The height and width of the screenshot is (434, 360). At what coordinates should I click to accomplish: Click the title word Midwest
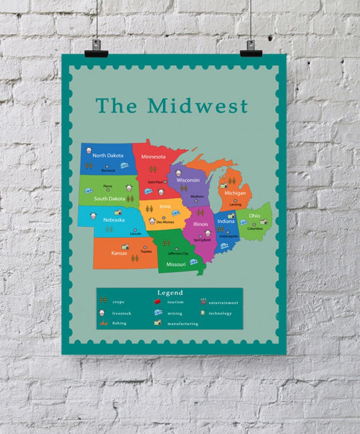[198, 106]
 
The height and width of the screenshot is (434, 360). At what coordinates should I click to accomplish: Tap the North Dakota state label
[108, 155]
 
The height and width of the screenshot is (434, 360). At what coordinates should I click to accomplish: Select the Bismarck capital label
[108, 171]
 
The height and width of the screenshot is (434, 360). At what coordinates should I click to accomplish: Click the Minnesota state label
[153, 157]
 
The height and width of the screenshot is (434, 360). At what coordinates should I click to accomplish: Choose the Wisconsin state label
[188, 180]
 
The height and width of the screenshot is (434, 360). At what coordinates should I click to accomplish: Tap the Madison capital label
[197, 196]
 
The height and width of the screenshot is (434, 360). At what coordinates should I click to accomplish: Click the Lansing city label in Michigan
[235, 205]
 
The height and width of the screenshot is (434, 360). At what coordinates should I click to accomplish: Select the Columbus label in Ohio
[255, 229]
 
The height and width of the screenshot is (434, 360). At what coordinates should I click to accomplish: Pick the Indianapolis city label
[229, 236]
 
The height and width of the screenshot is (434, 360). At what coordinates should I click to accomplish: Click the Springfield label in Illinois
[202, 239]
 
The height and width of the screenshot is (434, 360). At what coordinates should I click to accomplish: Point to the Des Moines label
[165, 222]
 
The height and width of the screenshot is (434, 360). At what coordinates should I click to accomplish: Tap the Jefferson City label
[178, 254]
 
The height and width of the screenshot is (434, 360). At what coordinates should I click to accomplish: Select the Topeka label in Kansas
[146, 251]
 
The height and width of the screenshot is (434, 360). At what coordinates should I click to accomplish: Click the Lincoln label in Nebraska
[136, 234]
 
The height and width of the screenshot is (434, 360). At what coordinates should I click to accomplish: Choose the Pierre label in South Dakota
[107, 186]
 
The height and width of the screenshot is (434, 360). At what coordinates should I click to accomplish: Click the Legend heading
[170, 293]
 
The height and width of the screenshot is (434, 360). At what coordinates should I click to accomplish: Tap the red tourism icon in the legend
[158, 302]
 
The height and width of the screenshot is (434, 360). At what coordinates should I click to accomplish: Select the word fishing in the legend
[119, 323]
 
